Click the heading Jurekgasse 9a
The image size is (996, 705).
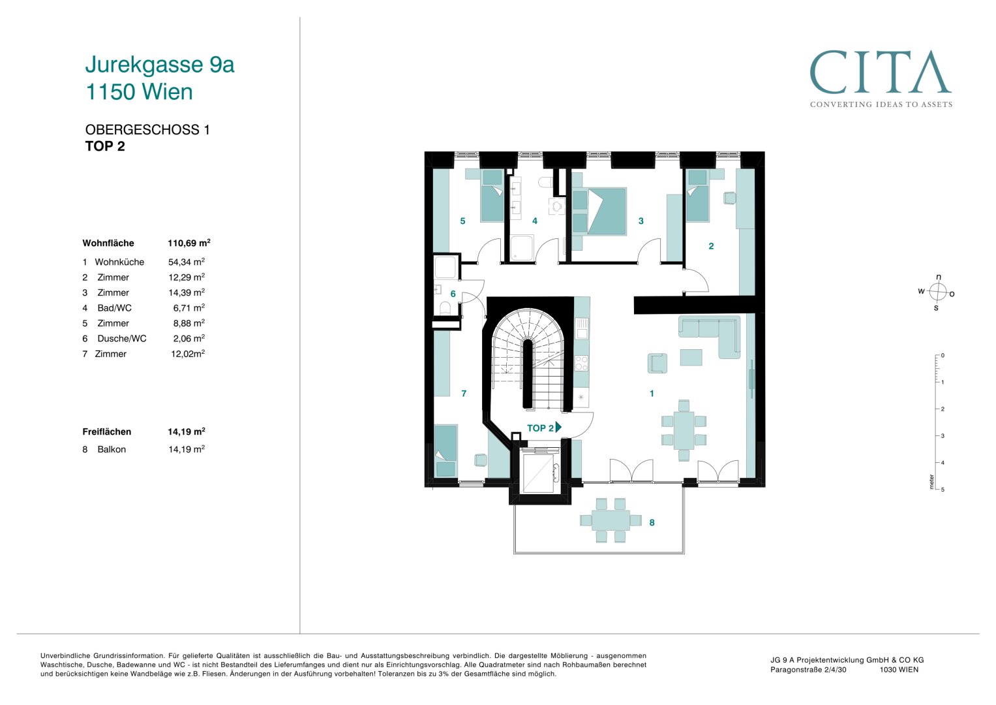click(x=160, y=65)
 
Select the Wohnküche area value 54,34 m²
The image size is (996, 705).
click(x=187, y=262)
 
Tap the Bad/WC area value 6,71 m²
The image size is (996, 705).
click(x=189, y=307)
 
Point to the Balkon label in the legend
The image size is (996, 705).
click(x=111, y=450)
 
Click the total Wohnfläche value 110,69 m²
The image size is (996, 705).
click(x=189, y=243)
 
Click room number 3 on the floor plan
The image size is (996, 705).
click(x=641, y=221)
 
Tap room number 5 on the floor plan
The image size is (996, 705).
click(x=462, y=221)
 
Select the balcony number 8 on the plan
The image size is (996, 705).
click(x=652, y=522)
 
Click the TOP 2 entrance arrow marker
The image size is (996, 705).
click(x=559, y=428)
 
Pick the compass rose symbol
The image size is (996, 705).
click(x=937, y=292)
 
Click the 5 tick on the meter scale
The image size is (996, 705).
click(x=943, y=490)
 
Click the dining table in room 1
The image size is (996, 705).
click(x=684, y=430)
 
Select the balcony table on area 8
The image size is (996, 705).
click(x=611, y=520)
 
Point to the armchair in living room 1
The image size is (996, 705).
click(x=657, y=363)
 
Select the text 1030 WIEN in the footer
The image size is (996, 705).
click(x=899, y=669)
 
